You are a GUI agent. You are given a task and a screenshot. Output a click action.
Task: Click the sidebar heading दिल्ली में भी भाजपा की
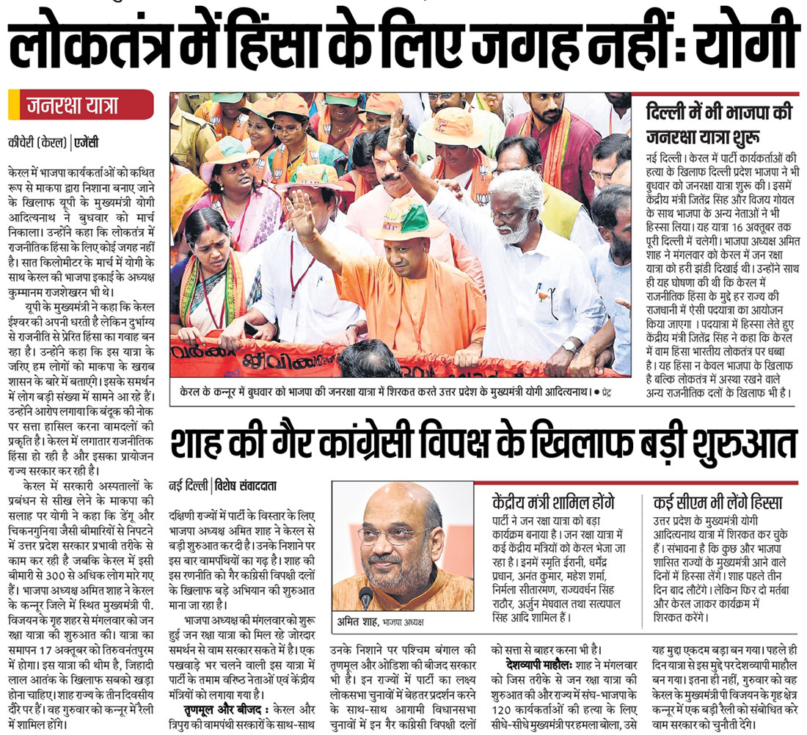[718, 114]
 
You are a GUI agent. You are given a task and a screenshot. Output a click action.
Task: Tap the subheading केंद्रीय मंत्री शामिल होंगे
[552, 502]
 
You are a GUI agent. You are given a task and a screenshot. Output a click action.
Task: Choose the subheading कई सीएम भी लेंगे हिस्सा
[717, 502]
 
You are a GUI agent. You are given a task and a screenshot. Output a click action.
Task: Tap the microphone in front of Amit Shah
[365, 598]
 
